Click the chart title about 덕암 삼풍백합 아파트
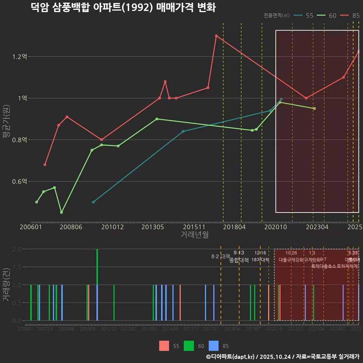tap(123, 8)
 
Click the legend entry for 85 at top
tap(350, 16)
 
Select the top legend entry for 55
tap(304, 16)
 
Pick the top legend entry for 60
tap(327, 16)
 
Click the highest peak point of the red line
tap(216, 36)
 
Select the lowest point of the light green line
tap(62, 213)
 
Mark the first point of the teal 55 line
tap(93, 202)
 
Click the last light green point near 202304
tap(314, 109)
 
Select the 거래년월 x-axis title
tap(194, 234)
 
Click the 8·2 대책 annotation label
tap(220, 256)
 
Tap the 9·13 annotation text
tap(239, 253)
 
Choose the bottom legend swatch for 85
tap(214, 346)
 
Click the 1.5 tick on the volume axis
tap(16, 267)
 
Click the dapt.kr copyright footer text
tap(283, 357)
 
